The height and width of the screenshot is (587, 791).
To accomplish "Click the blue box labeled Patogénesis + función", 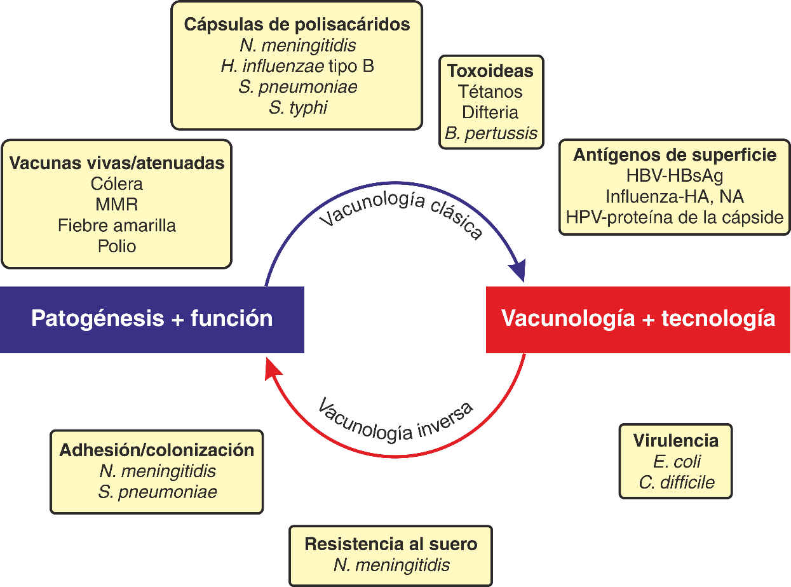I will (152, 318).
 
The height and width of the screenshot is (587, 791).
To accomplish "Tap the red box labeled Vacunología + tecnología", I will (638, 318).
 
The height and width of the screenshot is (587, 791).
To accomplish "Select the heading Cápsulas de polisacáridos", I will (297, 25).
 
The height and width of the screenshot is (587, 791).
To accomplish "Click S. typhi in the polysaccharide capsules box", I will (297, 107).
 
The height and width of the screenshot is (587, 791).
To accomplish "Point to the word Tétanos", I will (490, 91).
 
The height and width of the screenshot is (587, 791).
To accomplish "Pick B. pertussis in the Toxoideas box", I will (490, 133).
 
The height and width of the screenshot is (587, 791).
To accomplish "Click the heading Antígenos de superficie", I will (675, 155).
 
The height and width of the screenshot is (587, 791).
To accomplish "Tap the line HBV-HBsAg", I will (675, 175).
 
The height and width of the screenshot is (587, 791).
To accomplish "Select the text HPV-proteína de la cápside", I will (675, 217).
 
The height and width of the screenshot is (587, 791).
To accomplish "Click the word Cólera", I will (117, 184).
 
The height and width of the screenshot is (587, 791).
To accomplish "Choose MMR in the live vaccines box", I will (117, 205).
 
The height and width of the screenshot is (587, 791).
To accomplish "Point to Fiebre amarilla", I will (117, 226).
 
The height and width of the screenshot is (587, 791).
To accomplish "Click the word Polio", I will (117, 246).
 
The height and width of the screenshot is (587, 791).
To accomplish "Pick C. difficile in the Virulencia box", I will (676, 482).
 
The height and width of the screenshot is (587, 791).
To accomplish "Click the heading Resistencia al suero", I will (391, 544).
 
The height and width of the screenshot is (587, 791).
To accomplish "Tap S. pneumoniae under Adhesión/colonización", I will (158, 492).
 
